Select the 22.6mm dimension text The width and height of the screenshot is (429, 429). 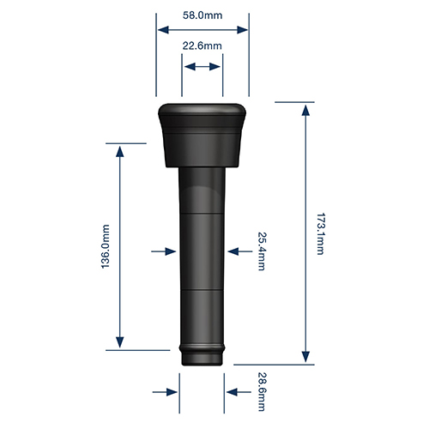[x=202, y=45]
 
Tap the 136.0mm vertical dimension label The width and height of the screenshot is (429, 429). [x=106, y=247]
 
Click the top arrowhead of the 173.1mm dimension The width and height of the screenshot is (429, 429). [x=305, y=110]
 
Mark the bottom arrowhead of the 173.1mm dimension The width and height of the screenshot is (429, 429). [x=305, y=356]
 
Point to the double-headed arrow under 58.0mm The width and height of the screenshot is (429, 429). [x=202, y=29]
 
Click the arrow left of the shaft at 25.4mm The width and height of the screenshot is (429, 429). [x=163, y=251]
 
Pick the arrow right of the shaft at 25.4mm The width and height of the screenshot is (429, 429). [x=239, y=251]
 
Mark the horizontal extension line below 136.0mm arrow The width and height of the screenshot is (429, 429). [x=137, y=350]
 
